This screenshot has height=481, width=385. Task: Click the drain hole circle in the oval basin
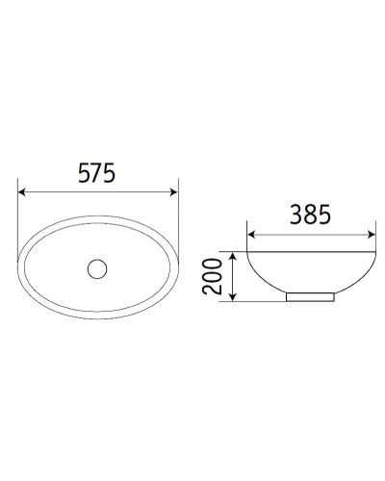pos(98,268)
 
